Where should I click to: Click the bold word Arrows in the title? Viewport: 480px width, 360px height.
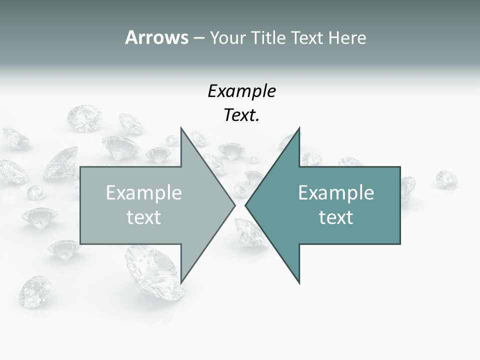(156, 38)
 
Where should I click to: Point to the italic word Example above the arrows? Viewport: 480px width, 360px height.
(241, 91)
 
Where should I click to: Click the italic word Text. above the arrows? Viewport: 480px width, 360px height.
(241, 115)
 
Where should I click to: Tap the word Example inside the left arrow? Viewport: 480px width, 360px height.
(144, 193)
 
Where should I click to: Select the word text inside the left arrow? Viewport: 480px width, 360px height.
(144, 217)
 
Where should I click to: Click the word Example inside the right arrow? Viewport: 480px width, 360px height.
(336, 193)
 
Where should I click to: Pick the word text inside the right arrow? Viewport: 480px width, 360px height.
(336, 217)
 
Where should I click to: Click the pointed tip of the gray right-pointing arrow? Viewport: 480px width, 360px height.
(235, 205)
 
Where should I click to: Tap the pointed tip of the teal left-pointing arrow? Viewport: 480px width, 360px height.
(245, 205)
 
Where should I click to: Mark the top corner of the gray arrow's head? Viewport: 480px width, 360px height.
(181, 128)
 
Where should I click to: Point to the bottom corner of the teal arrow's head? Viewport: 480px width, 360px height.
(299, 283)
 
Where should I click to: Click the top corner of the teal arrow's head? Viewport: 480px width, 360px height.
(299, 128)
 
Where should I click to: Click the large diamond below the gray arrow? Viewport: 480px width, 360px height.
(150, 267)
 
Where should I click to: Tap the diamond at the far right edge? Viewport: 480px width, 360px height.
(446, 178)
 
